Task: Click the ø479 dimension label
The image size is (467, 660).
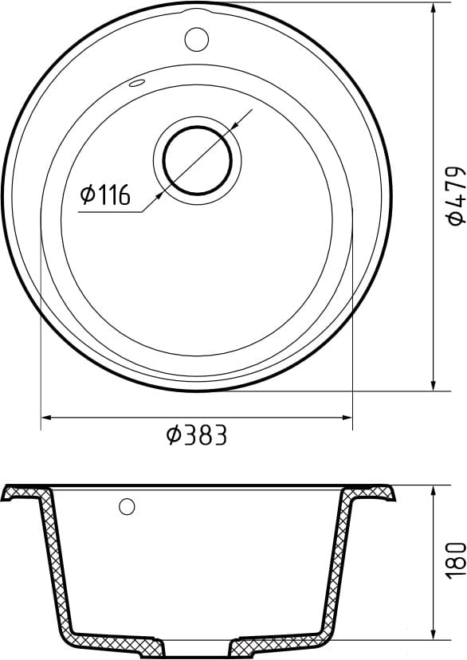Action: [x=455, y=194]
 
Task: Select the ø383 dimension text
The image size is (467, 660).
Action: [x=196, y=435]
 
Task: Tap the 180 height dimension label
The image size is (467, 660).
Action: [x=455, y=560]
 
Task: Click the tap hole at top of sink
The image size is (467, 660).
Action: [x=196, y=37]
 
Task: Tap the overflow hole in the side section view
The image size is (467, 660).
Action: [x=127, y=506]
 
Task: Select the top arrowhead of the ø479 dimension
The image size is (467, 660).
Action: [x=433, y=9]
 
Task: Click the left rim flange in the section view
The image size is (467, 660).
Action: [x=20, y=493]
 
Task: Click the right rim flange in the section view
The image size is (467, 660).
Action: [x=375, y=492]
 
